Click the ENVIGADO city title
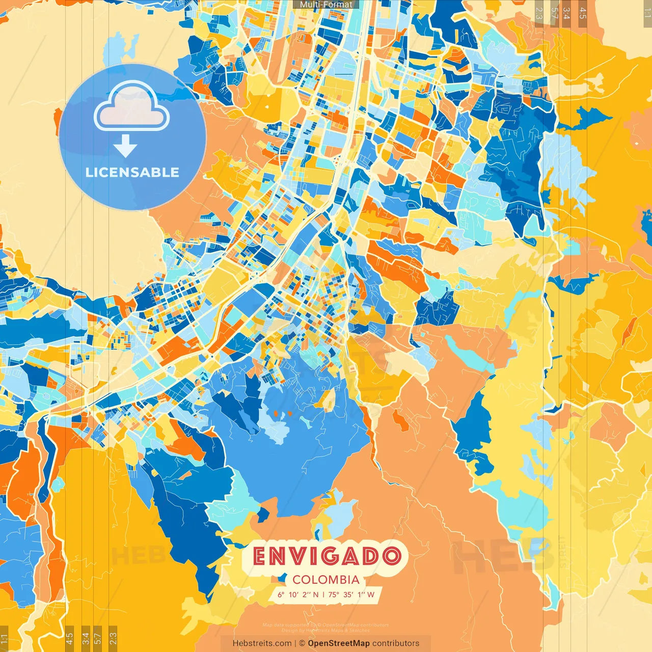(x=326, y=556)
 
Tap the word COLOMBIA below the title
(x=326, y=580)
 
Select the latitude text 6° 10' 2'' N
(x=298, y=594)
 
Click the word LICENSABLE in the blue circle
(x=132, y=172)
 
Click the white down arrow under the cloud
(x=125, y=146)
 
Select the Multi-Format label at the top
(x=326, y=5)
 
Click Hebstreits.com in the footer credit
(x=262, y=643)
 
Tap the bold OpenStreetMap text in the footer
(x=339, y=643)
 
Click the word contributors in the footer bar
(x=396, y=643)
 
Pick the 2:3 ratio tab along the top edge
(x=539, y=13)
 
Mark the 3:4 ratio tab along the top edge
(x=566, y=13)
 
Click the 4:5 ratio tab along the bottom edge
(x=69, y=639)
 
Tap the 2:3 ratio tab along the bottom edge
(x=113, y=639)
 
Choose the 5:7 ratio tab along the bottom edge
(x=98, y=639)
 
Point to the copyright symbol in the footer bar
(x=302, y=643)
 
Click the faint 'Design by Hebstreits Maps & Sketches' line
(x=326, y=630)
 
